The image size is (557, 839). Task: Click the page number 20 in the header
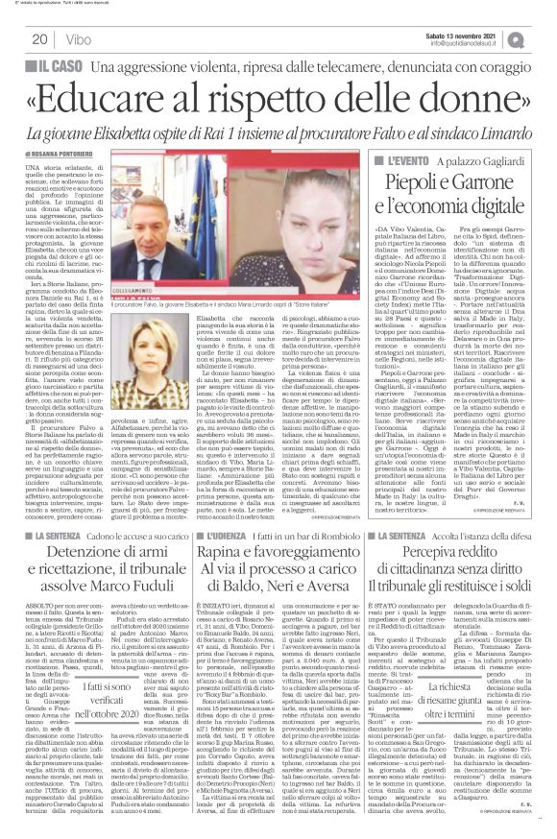(x=40, y=39)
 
